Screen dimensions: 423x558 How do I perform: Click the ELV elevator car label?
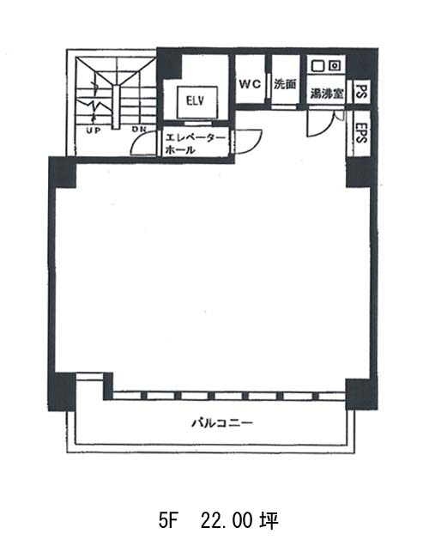click(x=196, y=100)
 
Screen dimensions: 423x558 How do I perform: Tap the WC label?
click(x=250, y=84)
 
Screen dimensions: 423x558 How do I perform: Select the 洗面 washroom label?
click(x=285, y=84)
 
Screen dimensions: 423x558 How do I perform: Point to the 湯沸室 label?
click(x=327, y=94)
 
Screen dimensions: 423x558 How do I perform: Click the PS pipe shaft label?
click(x=361, y=92)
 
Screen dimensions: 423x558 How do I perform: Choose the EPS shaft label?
click(x=360, y=133)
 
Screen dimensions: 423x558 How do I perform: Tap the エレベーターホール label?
click(x=195, y=144)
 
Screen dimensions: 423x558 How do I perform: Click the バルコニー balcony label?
click(x=222, y=422)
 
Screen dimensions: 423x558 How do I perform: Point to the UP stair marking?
click(x=94, y=130)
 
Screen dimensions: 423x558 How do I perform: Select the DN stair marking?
click(x=139, y=130)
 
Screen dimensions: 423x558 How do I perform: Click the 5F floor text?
click(x=168, y=520)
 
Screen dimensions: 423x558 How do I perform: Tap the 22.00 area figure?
click(x=227, y=520)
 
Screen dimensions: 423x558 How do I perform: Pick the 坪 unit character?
click(x=269, y=520)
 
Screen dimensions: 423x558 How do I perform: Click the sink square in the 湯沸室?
click(x=317, y=65)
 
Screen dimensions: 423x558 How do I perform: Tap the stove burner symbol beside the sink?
click(x=335, y=65)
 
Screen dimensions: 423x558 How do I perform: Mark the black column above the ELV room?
click(x=169, y=64)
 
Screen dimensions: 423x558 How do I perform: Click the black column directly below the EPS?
click(x=360, y=173)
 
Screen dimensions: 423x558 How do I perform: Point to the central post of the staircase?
click(x=116, y=107)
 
